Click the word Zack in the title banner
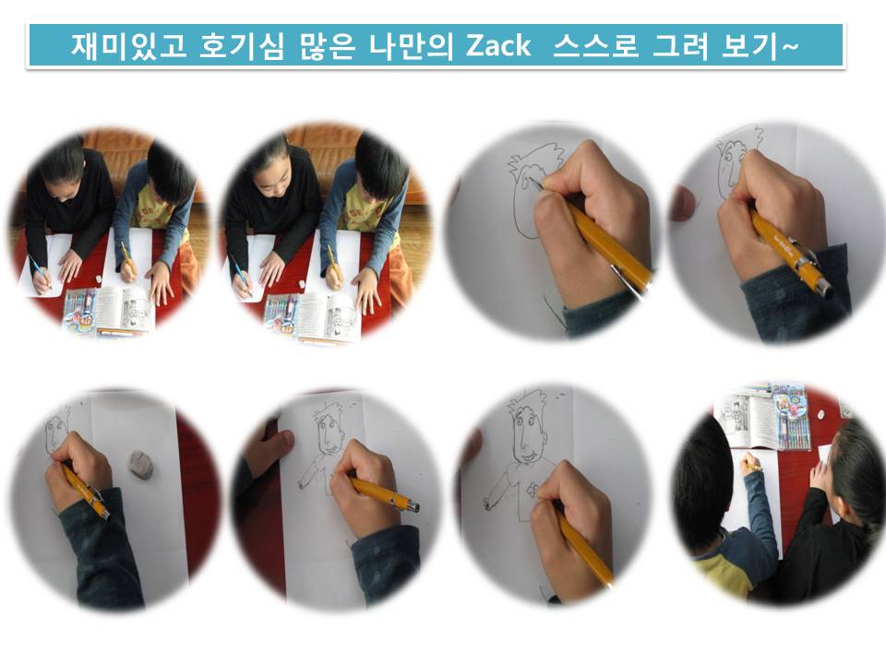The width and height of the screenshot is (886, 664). pyautogui.click(x=498, y=45)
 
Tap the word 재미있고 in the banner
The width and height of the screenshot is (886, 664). pyautogui.click(x=129, y=45)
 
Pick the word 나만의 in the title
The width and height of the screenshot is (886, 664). pyautogui.click(x=412, y=45)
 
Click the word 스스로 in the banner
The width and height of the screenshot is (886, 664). pyautogui.click(x=595, y=45)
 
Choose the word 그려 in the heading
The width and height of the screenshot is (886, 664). pyautogui.click(x=680, y=45)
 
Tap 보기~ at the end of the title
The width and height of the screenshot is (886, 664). pyautogui.click(x=760, y=45)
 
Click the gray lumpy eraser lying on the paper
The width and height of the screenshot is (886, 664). pyautogui.click(x=140, y=465)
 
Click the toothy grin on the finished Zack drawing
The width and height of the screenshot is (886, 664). pyautogui.click(x=529, y=455)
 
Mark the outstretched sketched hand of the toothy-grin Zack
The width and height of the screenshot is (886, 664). pyautogui.click(x=488, y=502)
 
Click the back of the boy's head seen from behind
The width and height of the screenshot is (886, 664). pyautogui.click(x=700, y=492)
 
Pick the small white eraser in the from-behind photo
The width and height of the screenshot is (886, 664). pyautogui.click(x=821, y=416)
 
